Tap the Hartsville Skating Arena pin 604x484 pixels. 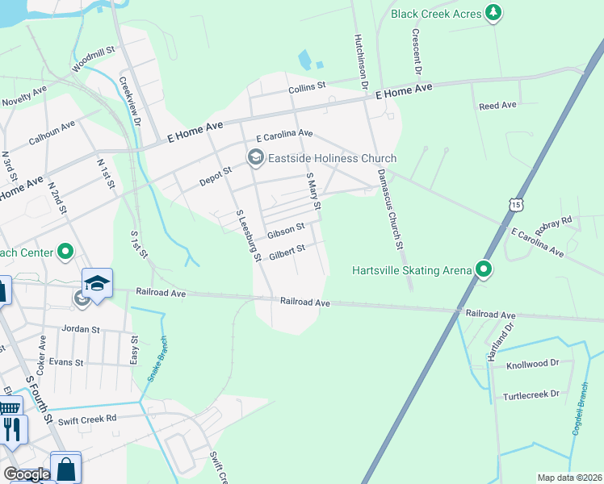(484, 269)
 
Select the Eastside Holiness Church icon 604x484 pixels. (256, 156)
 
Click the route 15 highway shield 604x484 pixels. (514, 205)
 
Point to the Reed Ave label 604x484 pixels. (497, 106)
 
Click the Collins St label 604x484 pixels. (307, 86)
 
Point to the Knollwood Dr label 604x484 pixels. (532, 365)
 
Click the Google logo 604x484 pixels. (27, 474)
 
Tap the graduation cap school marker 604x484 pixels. (96, 284)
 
